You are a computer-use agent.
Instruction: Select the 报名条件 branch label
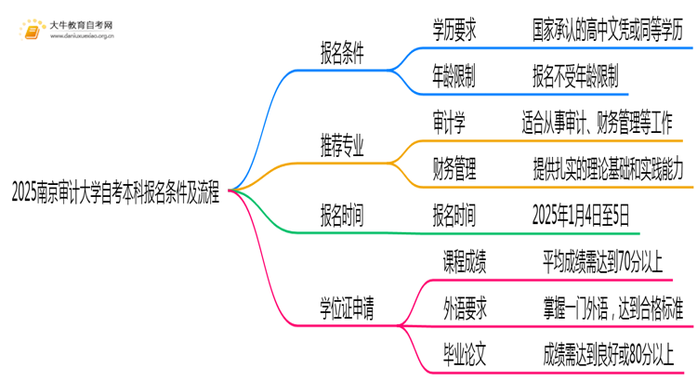pyautogui.click(x=341, y=55)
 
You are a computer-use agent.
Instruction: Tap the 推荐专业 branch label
pyautogui.click(x=341, y=147)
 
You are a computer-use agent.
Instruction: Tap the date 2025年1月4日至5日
pyautogui.click(x=582, y=216)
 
